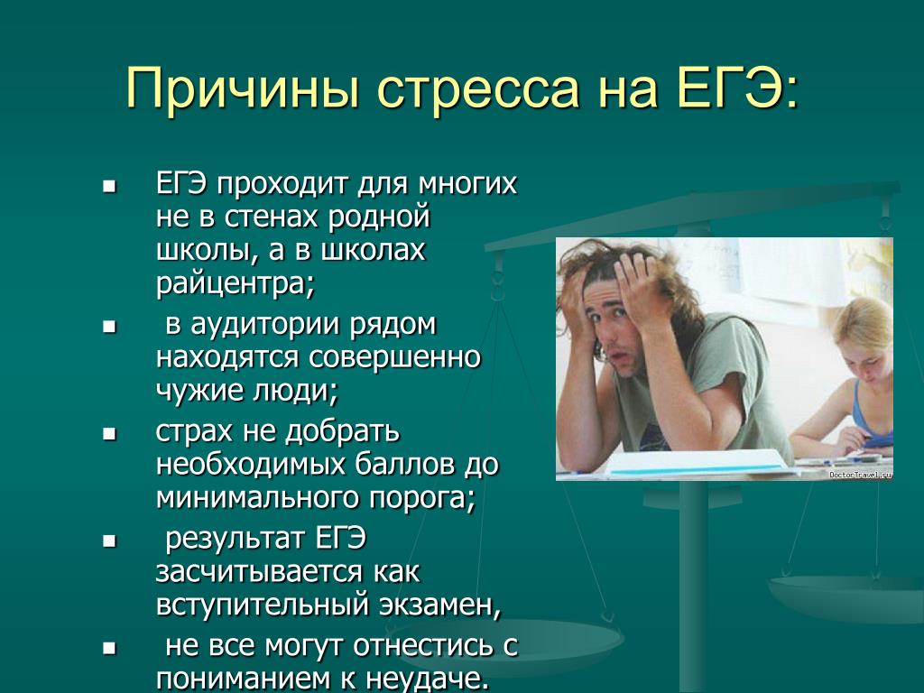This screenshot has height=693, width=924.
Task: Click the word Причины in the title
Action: click(x=243, y=88)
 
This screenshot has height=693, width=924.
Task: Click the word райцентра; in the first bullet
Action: click(x=236, y=284)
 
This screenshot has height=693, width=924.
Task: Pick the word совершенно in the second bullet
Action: click(x=395, y=357)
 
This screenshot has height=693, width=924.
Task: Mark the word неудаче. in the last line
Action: click(x=427, y=679)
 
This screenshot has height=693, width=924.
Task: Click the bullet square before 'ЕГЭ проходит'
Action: click(x=109, y=188)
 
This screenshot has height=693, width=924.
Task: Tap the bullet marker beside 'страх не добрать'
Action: click(x=109, y=435)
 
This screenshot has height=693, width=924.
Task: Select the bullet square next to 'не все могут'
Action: click(x=109, y=649)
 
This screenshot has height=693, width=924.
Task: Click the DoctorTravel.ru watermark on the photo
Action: click(x=860, y=475)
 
